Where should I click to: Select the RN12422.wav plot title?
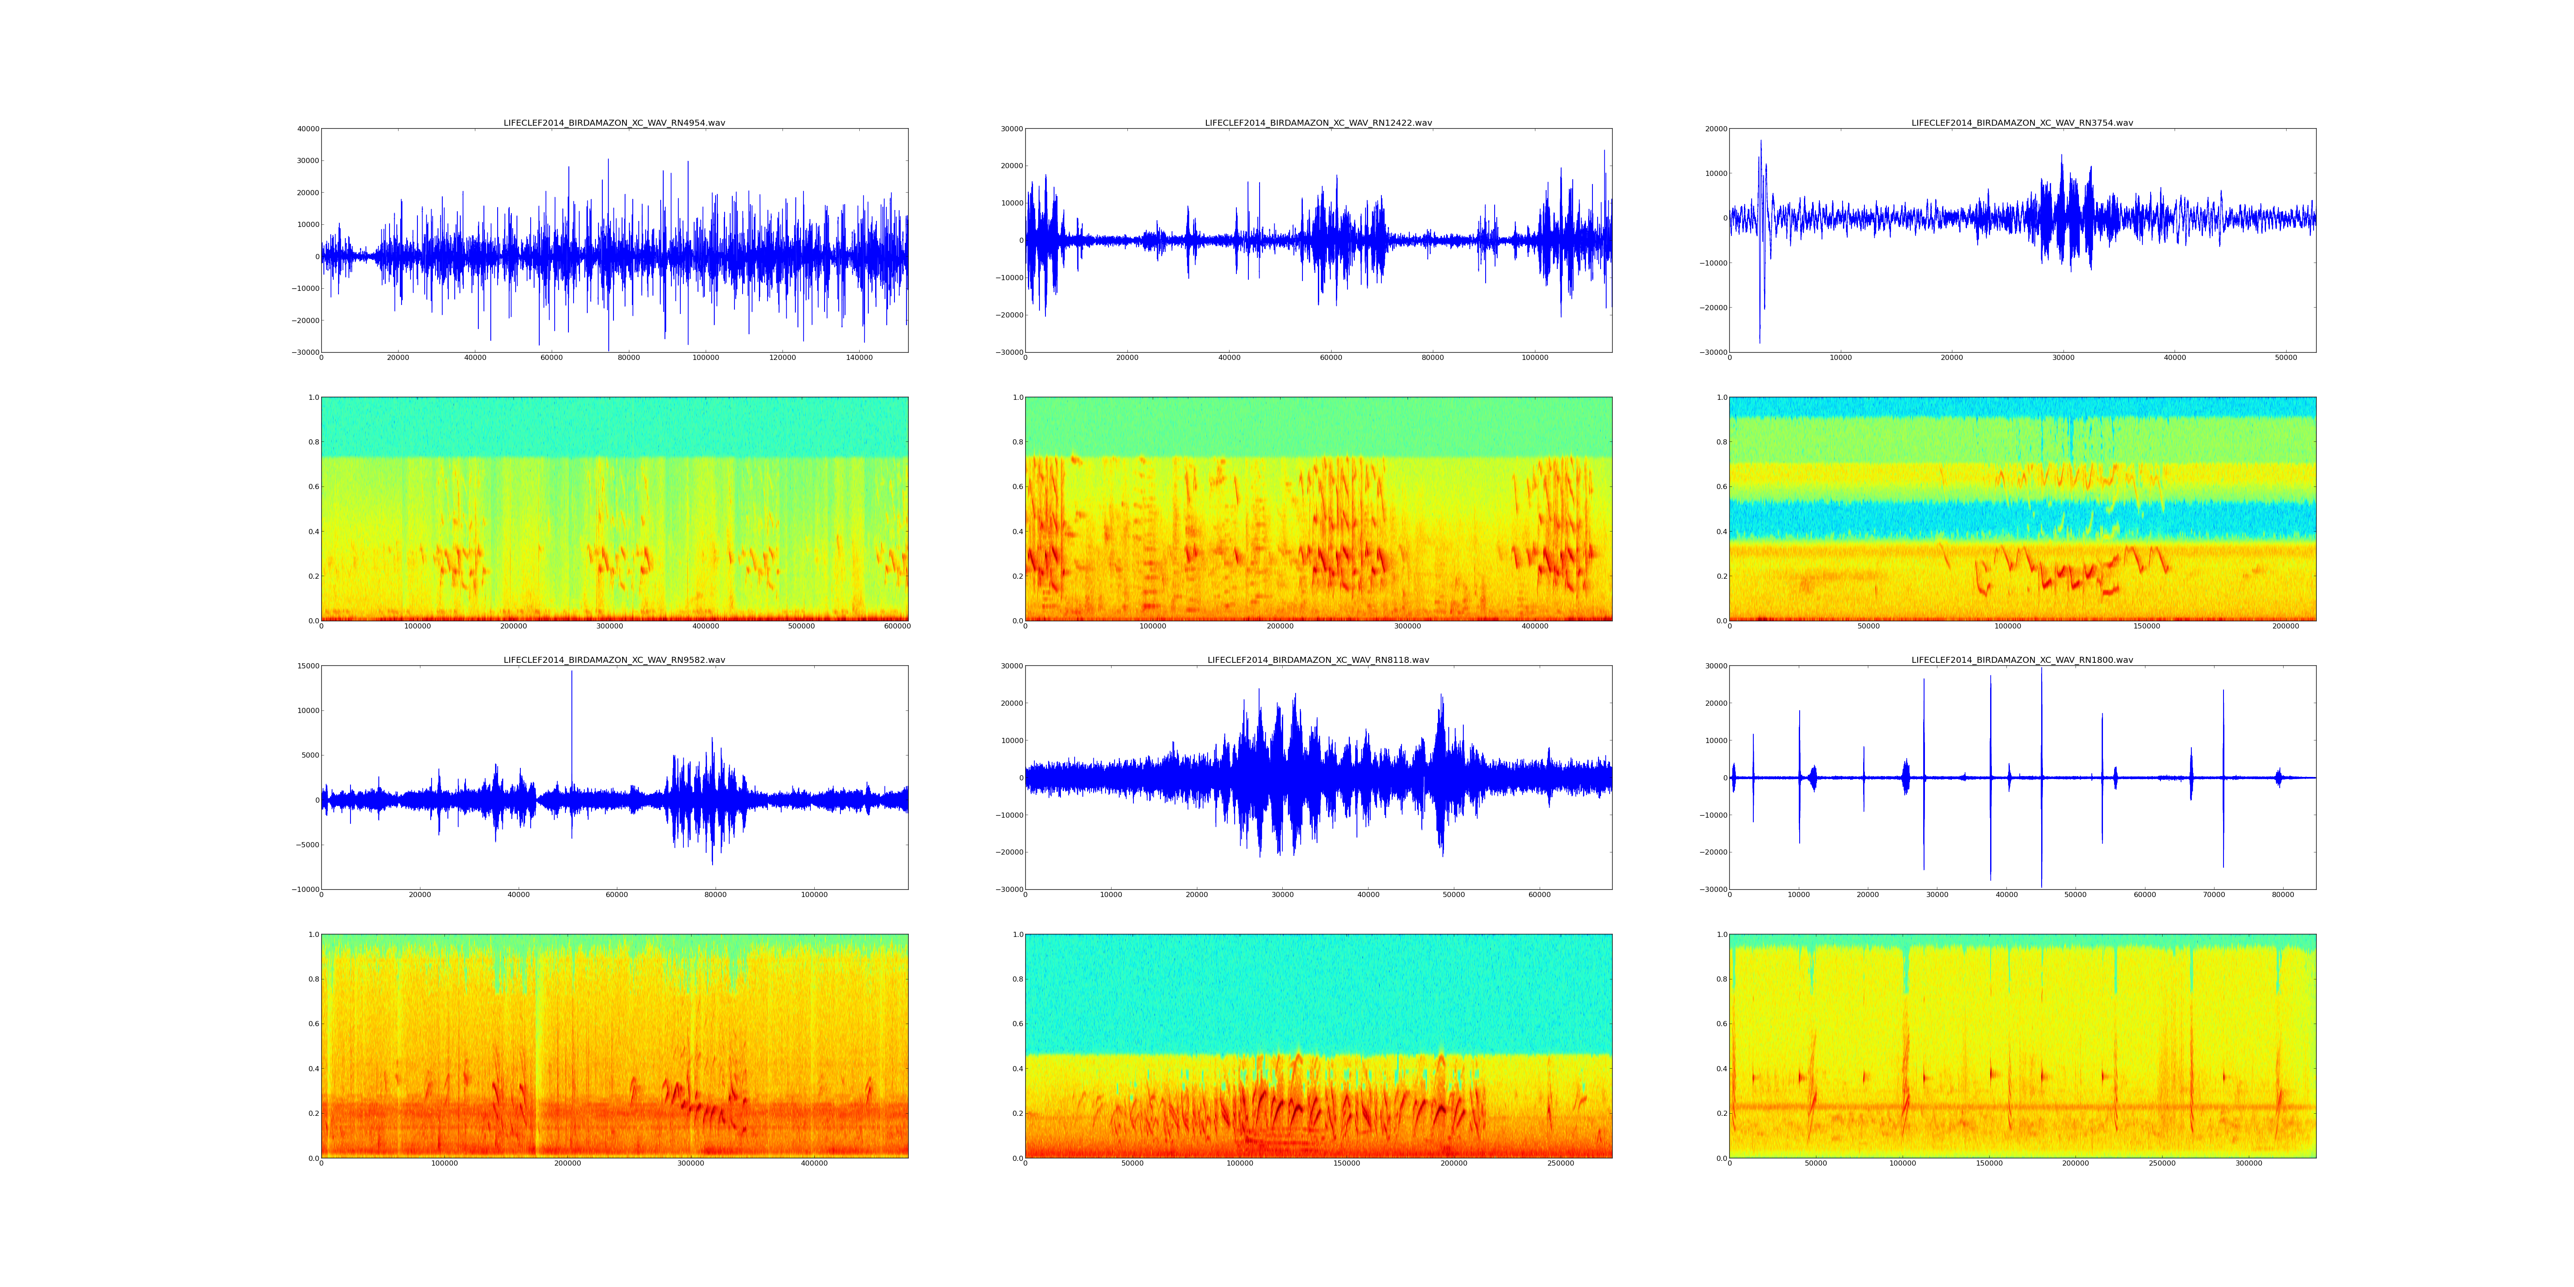(1318, 123)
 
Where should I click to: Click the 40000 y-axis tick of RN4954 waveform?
(307, 129)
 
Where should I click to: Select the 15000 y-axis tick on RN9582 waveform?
(307, 667)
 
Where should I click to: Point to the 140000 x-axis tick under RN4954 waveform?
(859, 358)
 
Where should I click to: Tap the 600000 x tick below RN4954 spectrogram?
(897, 626)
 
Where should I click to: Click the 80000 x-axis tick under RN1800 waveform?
(2283, 895)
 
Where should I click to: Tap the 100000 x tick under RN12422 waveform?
(1535, 358)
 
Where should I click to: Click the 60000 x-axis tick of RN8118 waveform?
(1540, 895)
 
